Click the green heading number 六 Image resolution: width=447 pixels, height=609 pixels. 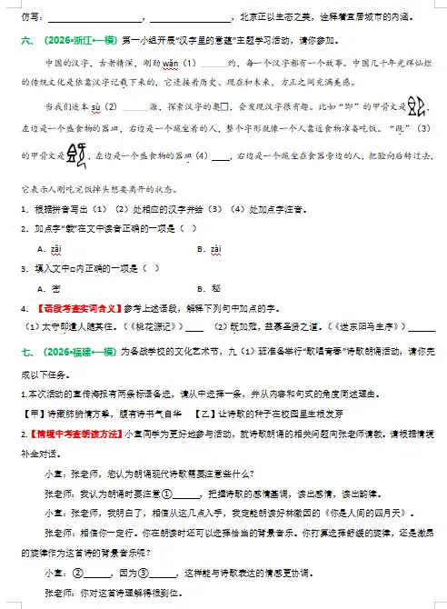[x=25, y=40]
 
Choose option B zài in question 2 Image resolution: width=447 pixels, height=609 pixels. [x=213, y=247]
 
